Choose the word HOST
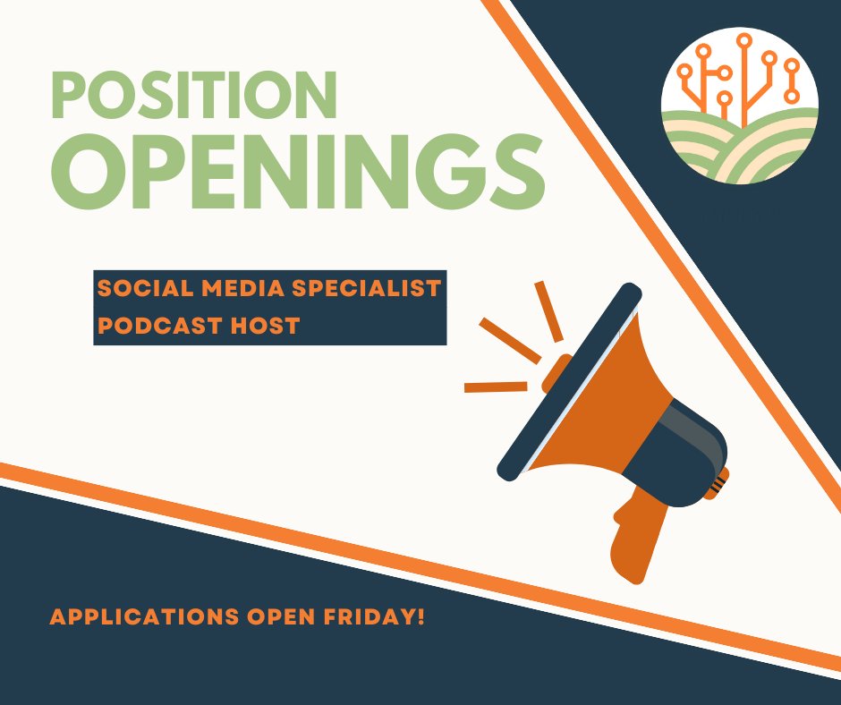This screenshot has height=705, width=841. pyautogui.click(x=265, y=325)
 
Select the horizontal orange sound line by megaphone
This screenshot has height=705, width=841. pyautogui.click(x=495, y=387)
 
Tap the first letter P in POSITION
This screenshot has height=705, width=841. pyautogui.click(x=69, y=96)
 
